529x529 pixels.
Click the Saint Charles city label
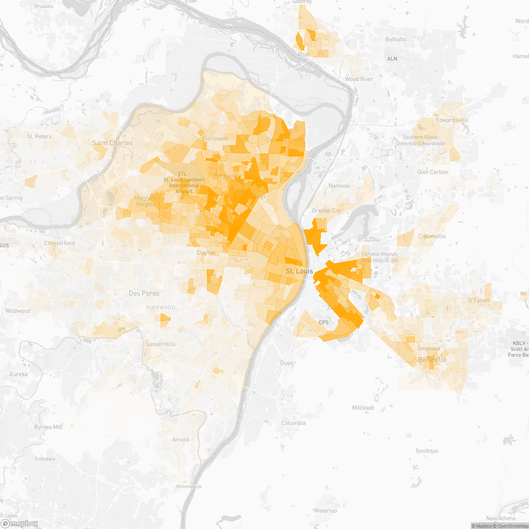(112, 143)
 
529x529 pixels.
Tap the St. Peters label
(39, 136)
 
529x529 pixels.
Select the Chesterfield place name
(60, 243)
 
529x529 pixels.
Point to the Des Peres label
(144, 293)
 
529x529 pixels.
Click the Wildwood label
(18, 311)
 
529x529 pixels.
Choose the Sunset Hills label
(160, 344)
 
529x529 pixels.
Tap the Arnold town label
(180, 440)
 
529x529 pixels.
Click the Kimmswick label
(189, 487)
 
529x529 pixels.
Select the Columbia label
(294, 423)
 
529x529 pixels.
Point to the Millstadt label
(363, 408)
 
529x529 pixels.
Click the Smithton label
(427, 451)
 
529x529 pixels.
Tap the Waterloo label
(326, 510)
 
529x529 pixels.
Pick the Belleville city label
(432, 360)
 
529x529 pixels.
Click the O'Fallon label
(479, 300)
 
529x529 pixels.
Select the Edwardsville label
(452, 120)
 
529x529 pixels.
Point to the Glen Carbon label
(432, 172)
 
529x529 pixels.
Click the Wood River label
(359, 79)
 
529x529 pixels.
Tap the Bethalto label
(396, 39)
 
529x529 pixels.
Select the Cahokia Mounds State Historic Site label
(380, 257)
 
